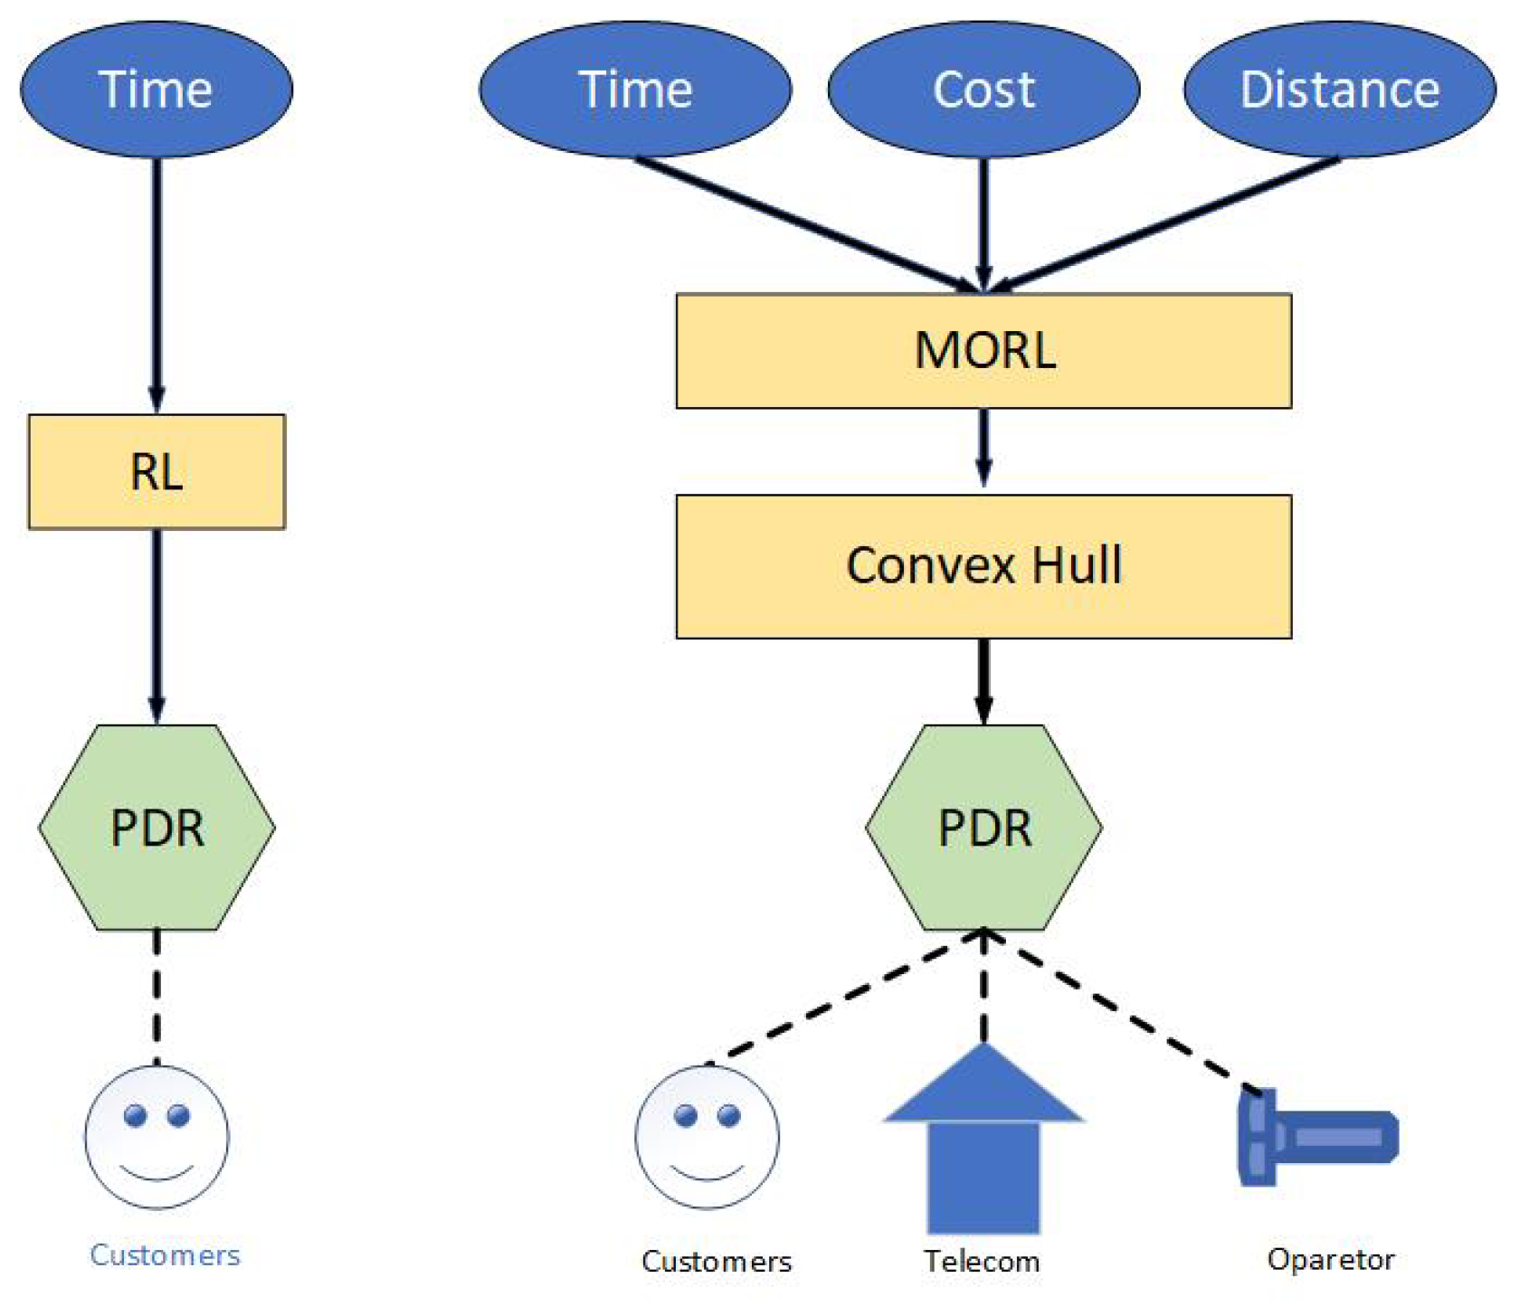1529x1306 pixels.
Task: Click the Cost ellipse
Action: click(x=983, y=89)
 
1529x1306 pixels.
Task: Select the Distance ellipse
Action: click(x=1339, y=89)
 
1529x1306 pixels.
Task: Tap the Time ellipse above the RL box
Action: click(x=157, y=89)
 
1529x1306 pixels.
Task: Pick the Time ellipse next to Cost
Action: click(x=635, y=89)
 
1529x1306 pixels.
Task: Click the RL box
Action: click(x=157, y=471)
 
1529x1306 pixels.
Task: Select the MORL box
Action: click(x=983, y=350)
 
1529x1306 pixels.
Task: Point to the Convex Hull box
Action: click(x=983, y=565)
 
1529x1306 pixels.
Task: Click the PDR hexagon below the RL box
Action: click(x=157, y=827)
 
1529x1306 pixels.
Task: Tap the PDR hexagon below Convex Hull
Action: click(x=983, y=827)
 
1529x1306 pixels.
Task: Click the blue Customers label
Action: click(x=165, y=1254)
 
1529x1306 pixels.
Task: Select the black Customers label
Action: click(x=716, y=1261)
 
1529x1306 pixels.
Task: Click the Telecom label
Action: click(x=982, y=1261)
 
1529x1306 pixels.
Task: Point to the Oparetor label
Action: click(x=1330, y=1259)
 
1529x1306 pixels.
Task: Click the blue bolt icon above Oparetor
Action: click(x=1316, y=1138)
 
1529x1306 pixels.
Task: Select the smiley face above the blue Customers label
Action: click(x=157, y=1137)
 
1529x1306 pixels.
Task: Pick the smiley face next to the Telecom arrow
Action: click(x=707, y=1137)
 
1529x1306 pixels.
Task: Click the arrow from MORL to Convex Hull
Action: click(x=983, y=448)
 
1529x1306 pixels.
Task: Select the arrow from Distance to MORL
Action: click(x=1167, y=223)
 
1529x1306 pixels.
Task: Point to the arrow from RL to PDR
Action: click(x=157, y=624)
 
